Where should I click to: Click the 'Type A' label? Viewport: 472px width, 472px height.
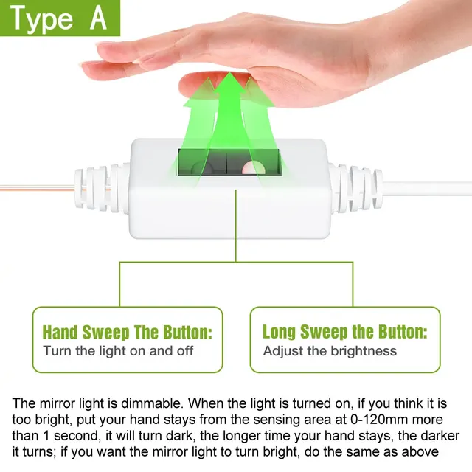pos(59,18)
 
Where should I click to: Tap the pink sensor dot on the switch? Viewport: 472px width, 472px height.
pos(254,168)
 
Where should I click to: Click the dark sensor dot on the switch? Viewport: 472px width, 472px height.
pos(202,168)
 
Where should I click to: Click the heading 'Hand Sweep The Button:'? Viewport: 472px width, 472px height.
pos(128,332)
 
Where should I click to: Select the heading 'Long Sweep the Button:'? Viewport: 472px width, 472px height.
pos(345,332)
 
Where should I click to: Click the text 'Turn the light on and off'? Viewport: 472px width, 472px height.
pos(118,351)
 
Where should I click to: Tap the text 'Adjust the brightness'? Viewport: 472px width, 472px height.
pos(330,351)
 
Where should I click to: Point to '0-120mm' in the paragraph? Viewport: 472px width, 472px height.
pos(380,420)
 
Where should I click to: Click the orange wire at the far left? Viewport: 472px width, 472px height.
pos(37,189)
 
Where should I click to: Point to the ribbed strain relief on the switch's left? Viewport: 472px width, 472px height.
pos(103,188)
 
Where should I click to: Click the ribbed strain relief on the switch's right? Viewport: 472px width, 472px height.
pos(355,188)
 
